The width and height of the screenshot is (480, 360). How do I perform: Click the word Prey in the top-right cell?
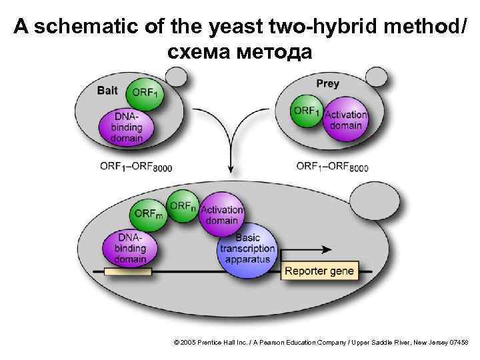click(327, 83)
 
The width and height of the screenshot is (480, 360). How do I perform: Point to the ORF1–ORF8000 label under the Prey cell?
click(331, 167)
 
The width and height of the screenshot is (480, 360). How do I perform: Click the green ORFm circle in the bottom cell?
click(148, 214)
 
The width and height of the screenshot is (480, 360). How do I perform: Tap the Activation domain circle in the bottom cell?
click(222, 215)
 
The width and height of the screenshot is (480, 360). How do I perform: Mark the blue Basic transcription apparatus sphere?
click(247, 249)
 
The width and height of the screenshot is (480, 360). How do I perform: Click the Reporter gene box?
click(319, 271)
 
